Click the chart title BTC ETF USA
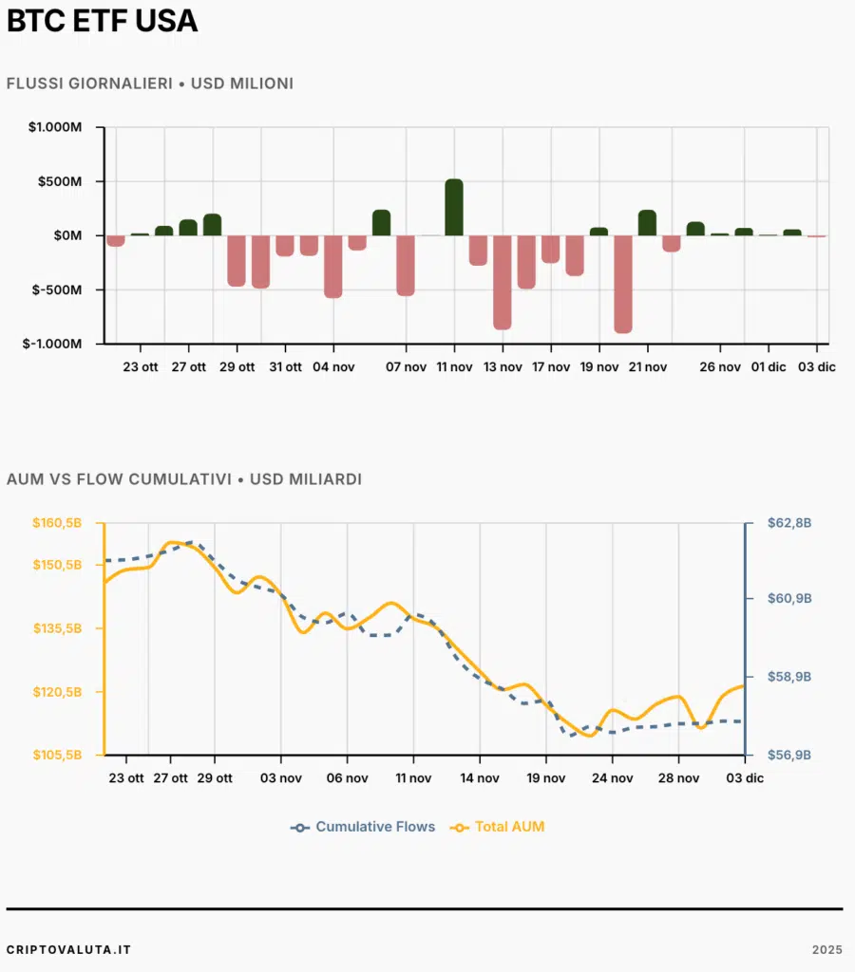click(103, 21)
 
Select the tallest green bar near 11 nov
click(454, 206)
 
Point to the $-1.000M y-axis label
click(53, 344)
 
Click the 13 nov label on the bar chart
click(503, 367)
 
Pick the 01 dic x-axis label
click(769, 367)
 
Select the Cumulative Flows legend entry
click(364, 827)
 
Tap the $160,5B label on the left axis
click(57, 523)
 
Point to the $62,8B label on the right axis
click(789, 523)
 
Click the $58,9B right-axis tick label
click(789, 677)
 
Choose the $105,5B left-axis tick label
click(57, 755)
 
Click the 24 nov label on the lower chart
click(612, 778)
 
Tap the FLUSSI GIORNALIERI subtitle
click(149, 84)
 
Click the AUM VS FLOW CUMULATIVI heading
click(183, 479)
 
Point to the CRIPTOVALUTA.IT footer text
click(68, 949)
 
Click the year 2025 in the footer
click(826, 949)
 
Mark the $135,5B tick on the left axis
click(57, 628)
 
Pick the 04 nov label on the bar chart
click(333, 367)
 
